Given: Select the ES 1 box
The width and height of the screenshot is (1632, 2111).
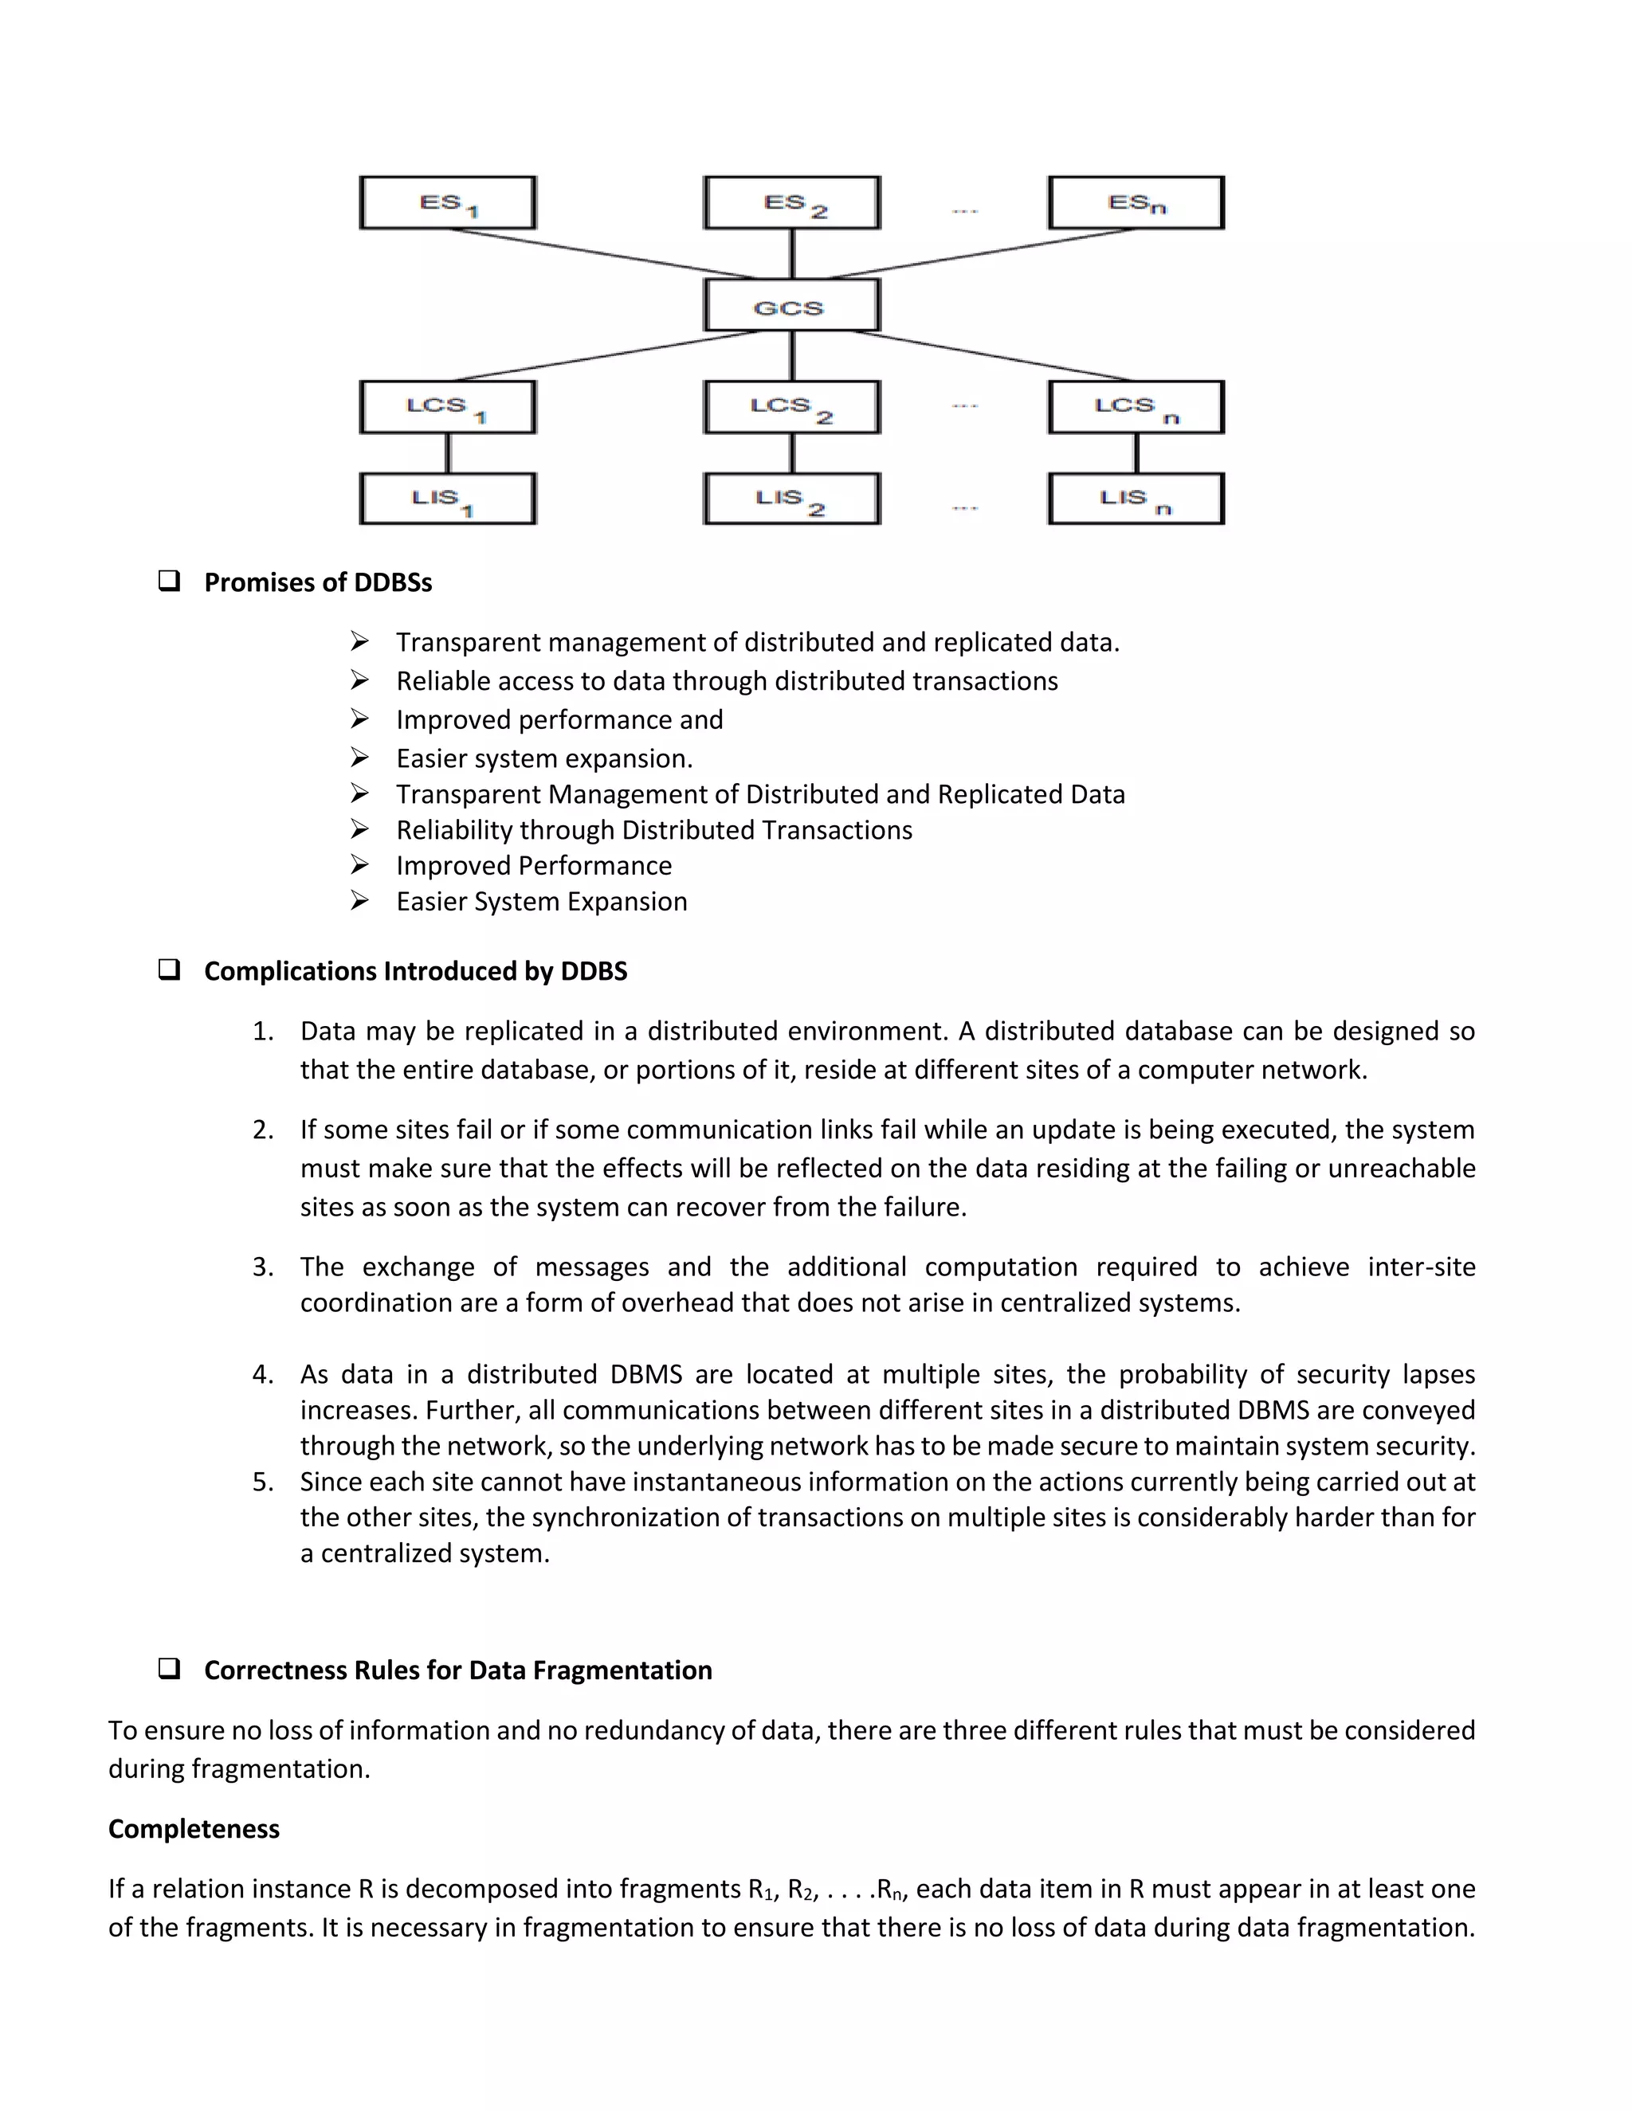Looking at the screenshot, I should pyautogui.click(x=448, y=203).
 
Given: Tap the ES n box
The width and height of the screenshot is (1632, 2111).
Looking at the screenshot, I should pyautogui.click(x=1136, y=203).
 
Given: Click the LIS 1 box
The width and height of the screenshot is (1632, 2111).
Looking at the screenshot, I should pyautogui.click(x=448, y=499).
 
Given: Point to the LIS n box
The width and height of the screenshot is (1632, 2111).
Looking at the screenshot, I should pyautogui.click(x=1136, y=499).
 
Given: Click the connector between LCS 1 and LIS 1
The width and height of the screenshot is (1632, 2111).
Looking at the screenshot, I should pyautogui.click(x=448, y=453).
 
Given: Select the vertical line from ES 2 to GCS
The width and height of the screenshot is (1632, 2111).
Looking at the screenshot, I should pyautogui.click(x=792, y=254).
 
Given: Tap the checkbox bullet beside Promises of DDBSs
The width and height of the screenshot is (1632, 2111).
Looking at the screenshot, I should pyautogui.click(x=169, y=581).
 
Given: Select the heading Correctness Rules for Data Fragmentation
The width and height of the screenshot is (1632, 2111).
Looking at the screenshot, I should pyautogui.click(x=457, y=1670).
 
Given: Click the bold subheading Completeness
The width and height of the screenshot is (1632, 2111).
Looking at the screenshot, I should pyautogui.click(x=194, y=1829).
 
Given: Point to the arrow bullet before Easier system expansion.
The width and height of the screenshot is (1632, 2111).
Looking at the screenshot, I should pyautogui.click(x=359, y=758).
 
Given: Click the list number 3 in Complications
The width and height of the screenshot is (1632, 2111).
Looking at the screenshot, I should pyautogui.click(x=262, y=1267).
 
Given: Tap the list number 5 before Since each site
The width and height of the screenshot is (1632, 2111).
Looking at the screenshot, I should pyautogui.click(x=262, y=1482).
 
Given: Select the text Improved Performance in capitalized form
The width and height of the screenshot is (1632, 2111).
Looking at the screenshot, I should pyautogui.click(x=534, y=865).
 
